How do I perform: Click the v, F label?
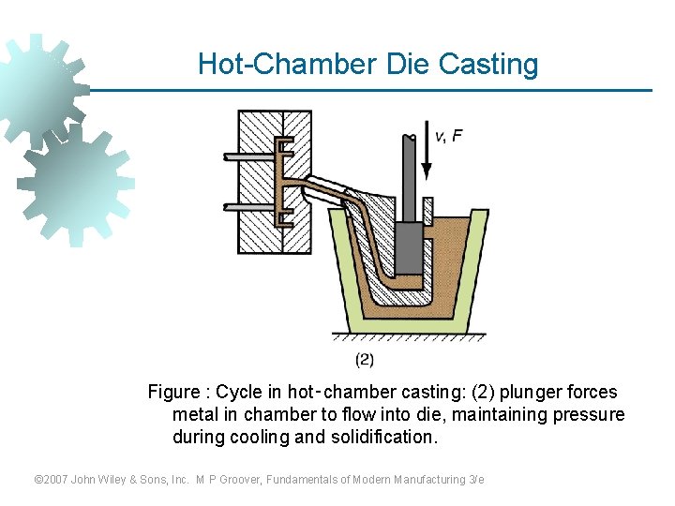[x=447, y=136]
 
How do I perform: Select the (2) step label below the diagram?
[x=365, y=359]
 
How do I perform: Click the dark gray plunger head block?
[x=409, y=248]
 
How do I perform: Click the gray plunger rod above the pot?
[x=409, y=178]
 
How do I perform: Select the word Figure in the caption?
[x=174, y=392]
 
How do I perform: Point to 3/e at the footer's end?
[x=475, y=480]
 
